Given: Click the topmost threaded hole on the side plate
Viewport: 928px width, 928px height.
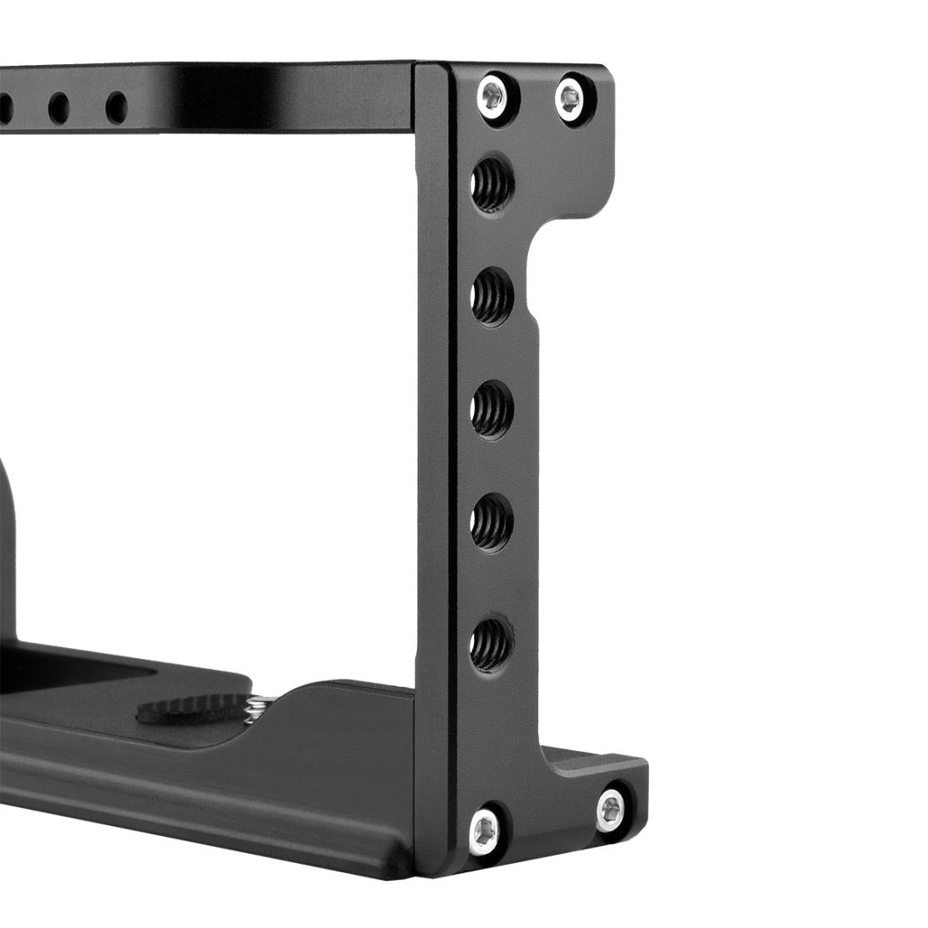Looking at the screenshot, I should click(490, 179).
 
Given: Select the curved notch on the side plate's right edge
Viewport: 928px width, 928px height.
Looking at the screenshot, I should click(540, 253).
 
